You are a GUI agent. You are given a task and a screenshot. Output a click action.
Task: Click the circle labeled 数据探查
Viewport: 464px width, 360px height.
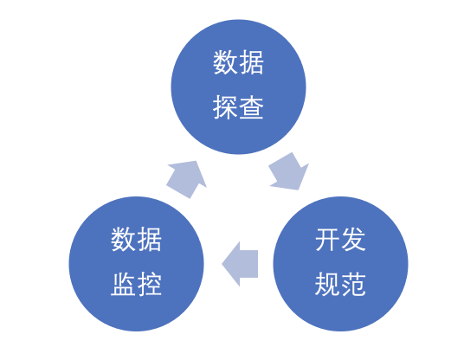tap(239, 87)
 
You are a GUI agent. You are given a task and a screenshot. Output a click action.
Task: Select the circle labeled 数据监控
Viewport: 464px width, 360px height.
tap(137, 264)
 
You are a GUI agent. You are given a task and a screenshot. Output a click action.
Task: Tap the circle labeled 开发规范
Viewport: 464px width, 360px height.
tap(340, 264)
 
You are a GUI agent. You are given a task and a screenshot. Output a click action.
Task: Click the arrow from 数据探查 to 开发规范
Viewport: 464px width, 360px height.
tap(289, 171)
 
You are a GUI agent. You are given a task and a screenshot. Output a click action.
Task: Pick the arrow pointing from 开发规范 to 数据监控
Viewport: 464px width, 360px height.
tap(240, 264)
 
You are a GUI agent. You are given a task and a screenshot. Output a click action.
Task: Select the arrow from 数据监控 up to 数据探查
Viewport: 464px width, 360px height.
tap(187, 179)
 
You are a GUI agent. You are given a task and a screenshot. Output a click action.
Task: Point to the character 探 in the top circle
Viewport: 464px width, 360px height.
tap(225, 107)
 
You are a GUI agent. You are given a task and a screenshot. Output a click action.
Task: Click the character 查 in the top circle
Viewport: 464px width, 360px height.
tap(251, 107)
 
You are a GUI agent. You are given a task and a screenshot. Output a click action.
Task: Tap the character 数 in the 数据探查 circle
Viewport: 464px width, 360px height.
tap(225, 62)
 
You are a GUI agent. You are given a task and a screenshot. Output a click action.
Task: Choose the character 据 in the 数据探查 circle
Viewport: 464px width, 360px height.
tap(251, 62)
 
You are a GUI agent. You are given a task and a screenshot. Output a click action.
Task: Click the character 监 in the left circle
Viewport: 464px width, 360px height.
tap(123, 284)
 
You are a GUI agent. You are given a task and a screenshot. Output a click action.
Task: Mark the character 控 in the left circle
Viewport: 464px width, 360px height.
tap(149, 284)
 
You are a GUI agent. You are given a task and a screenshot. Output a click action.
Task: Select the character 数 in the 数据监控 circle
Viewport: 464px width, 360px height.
tap(123, 240)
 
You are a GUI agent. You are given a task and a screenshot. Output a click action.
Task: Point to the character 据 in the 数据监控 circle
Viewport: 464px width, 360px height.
tap(149, 240)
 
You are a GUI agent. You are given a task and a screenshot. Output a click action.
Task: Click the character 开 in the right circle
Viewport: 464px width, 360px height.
tap(327, 240)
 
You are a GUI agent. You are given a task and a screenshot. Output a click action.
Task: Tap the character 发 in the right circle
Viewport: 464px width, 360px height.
tap(353, 240)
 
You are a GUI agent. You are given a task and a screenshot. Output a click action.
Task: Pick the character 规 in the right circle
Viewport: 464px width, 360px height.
tap(327, 284)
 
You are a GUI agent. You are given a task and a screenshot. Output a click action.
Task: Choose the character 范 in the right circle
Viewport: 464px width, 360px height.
tap(353, 284)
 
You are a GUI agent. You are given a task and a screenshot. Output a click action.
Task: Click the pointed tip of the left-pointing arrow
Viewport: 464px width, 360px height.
tap(222, 264)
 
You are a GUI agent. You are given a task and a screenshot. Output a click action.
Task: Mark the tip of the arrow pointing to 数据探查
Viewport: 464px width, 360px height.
tap(197, 161)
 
